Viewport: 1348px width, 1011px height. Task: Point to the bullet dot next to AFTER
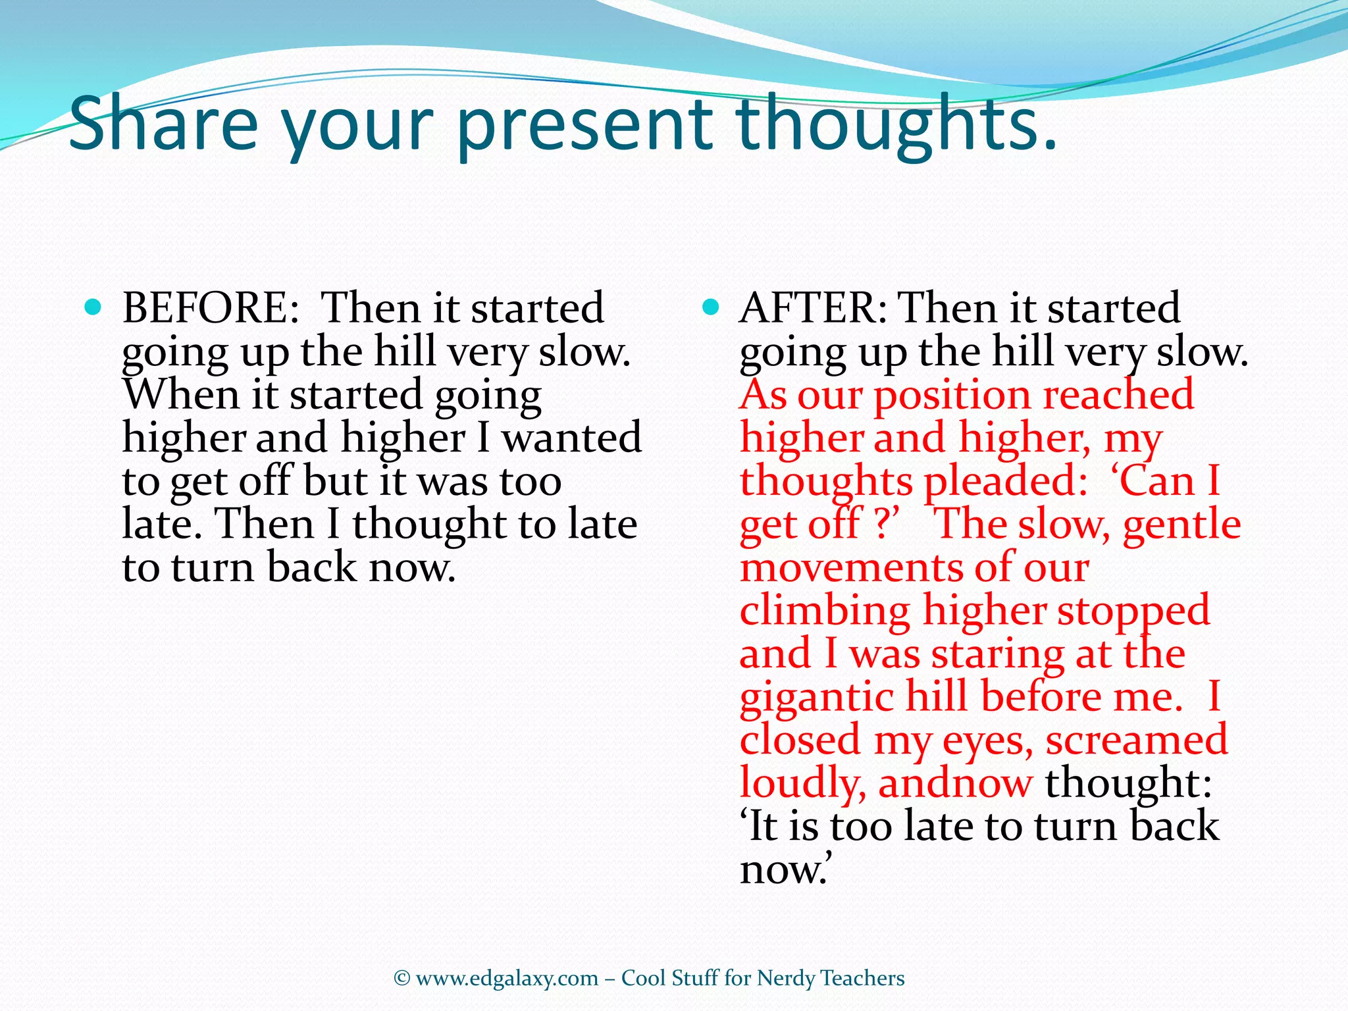710,306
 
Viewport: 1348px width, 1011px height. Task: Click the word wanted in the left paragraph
571,438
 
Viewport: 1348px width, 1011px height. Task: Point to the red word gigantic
816,698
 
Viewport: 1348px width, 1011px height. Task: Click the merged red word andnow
955,783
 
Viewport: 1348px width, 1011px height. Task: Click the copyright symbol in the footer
402,979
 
